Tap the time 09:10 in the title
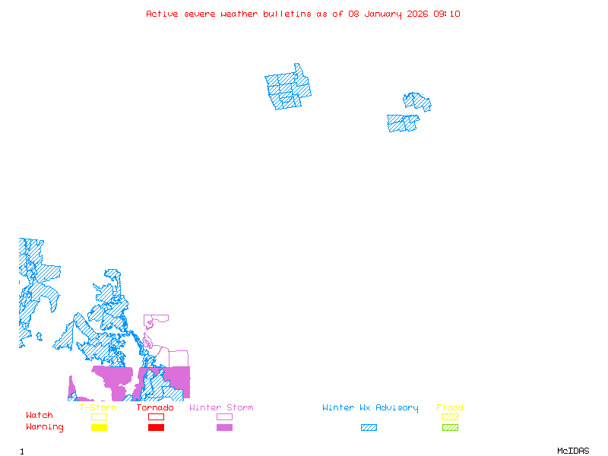coord(447,14)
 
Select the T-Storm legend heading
coord(98,408)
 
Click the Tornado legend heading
coord(155,408)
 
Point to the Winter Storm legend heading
coord(221,408)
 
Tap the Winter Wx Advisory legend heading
coord(370,408)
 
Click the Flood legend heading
coord(450,408)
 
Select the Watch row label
coord(40,416)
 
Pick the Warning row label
coord(45,427)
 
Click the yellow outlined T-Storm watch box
coord(99,416)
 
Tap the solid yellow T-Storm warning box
coord(99,428)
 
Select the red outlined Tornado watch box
coord(156,416)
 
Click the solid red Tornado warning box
coord(156,428)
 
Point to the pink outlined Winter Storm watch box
coord(224,416)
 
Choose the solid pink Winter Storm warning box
coord(224,428)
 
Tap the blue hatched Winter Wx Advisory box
coord(369,428)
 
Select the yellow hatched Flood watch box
coord(450,416)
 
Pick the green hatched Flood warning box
coord(450,428)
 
